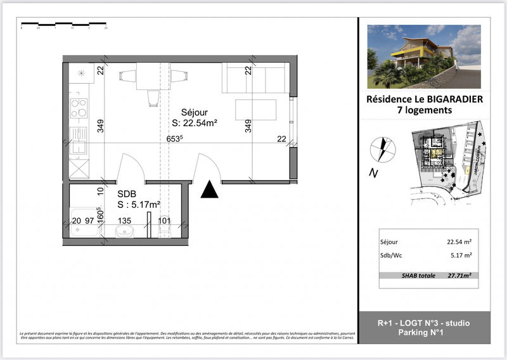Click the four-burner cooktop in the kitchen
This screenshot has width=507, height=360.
point(79,108)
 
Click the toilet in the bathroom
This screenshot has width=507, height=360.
point(163,233)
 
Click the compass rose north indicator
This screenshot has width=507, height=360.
point(383,150)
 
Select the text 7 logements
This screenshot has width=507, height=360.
point(420,110)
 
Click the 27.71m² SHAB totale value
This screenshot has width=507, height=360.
point(463,276)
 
